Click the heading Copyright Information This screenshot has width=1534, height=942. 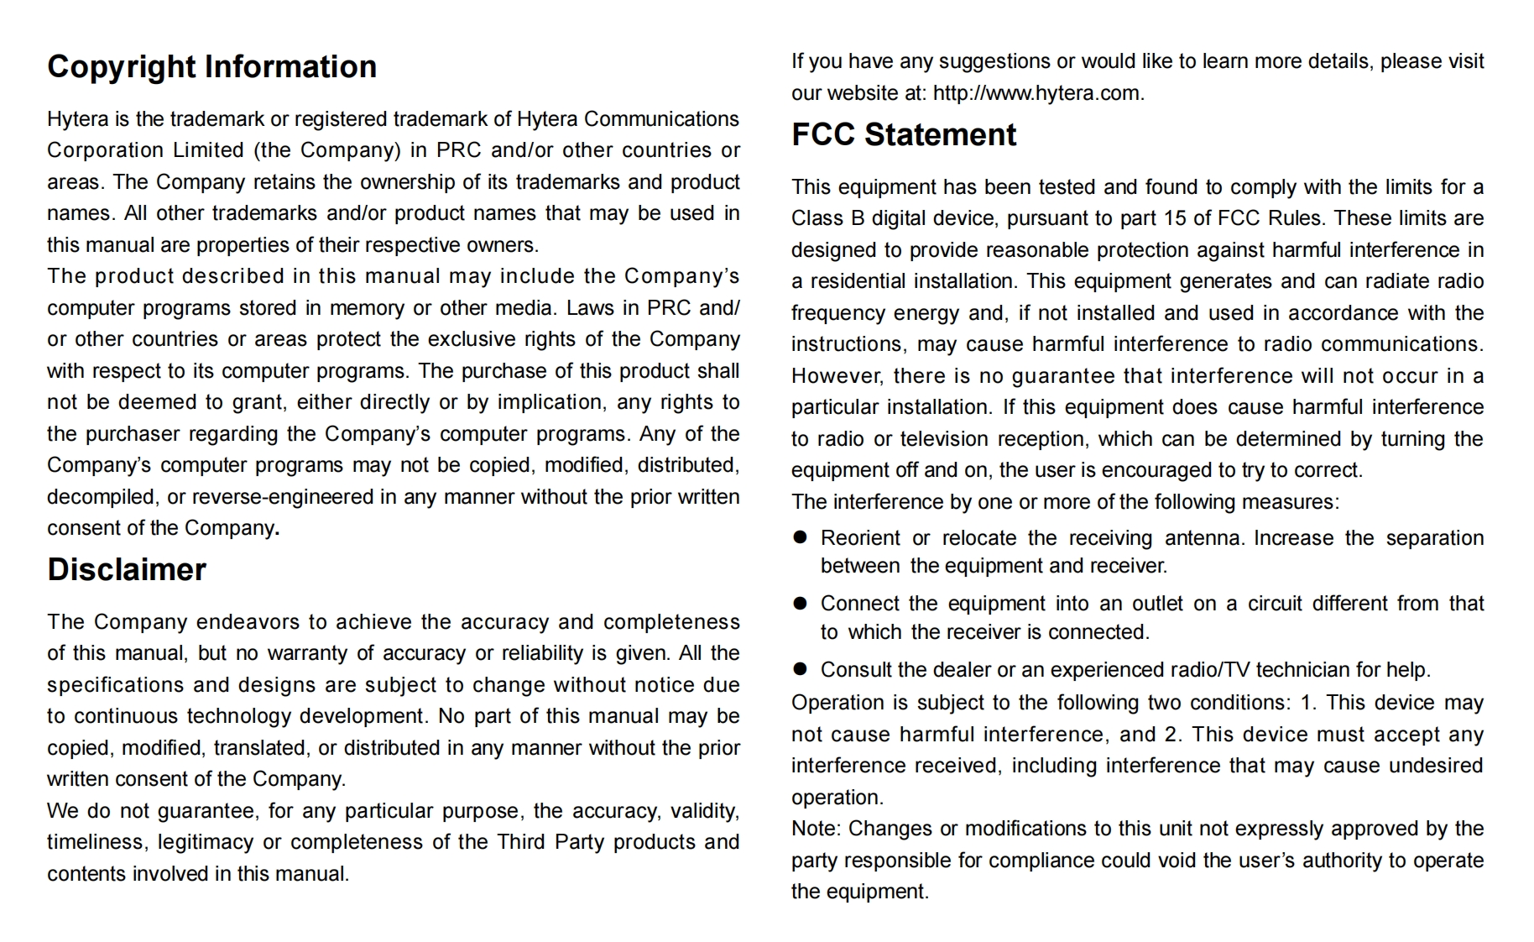pyautogui.click(x=211, y=66)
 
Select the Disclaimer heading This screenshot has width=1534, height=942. pyautogui.click(x=127, y=569)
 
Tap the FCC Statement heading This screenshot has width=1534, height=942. pyautogui.click(x=903, y=134)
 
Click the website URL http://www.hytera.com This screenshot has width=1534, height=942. pyautogui.click(x=1037, y=92)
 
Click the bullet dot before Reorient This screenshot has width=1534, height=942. pyautogui.click(x=800, y=537)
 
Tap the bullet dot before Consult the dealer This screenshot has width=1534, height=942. pyautogui.click(x=800, y=669)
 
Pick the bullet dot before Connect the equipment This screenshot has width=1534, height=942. pyautogui.click(x=800, y=603)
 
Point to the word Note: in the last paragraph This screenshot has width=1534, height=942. pyautogui.click(x=816, y=829)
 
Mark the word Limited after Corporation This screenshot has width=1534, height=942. pyautogui.click(x=208, y=150)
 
